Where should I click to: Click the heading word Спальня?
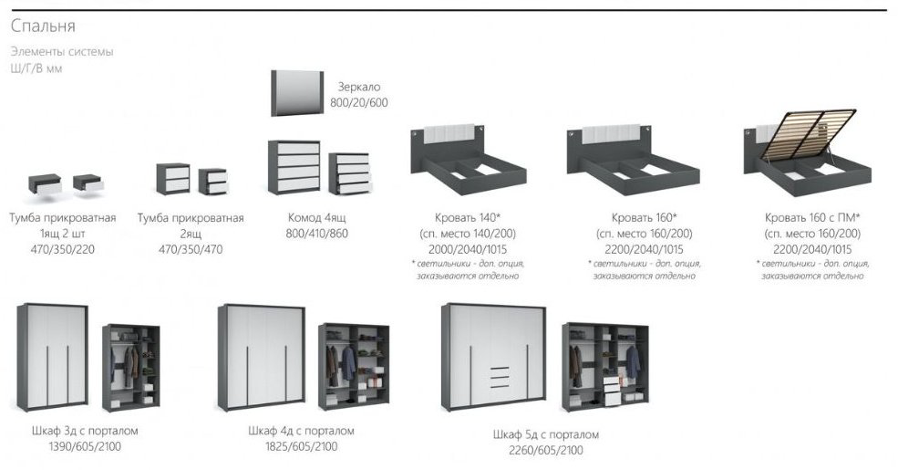click(43, 26)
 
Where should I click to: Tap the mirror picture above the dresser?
click(297, 93)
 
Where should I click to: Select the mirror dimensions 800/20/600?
click(358, 102)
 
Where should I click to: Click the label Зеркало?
click(358, 87)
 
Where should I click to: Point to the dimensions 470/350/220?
click(62, 249)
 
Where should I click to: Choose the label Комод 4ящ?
click(316, 218)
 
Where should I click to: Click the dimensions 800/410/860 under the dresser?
click(316, 234)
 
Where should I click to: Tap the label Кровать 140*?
click(468, 218)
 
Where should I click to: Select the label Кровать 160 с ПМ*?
click(812, 218)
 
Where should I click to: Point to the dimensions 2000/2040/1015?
click(468, 249)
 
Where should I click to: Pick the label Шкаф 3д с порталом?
click(85, 431)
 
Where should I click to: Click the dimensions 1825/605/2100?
click(301, 446)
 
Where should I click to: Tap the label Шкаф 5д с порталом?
click(546, 435)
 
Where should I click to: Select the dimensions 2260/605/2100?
click(546, 451)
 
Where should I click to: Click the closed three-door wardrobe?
click(53, 357)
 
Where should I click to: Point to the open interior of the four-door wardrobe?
click(354, 366)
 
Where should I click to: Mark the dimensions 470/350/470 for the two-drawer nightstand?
click(191, 249)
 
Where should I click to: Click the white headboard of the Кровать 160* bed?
click(611, 134)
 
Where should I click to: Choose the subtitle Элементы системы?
click(62, 52)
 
